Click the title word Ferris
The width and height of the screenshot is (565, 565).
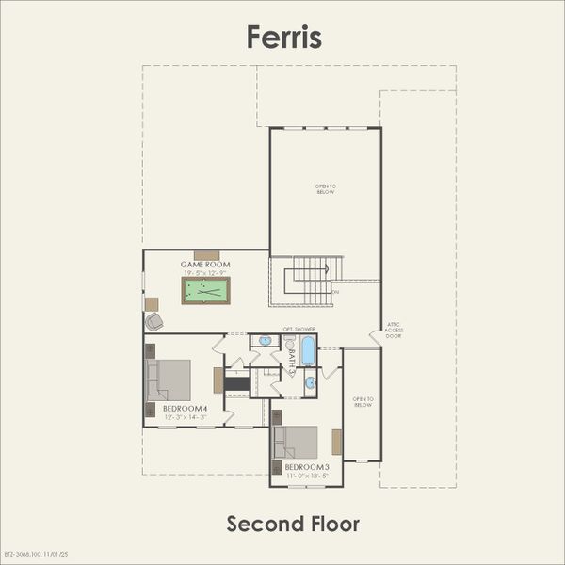click(x=283, y=37)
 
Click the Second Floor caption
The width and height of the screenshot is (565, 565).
click(x=293, y=523)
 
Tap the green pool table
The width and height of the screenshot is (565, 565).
click(x=206, y=290)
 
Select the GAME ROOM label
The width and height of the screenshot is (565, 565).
click(x=206, y=265)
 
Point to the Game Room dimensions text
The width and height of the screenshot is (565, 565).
click(x=206, y=272)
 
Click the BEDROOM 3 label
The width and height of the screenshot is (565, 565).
click(x=307, y=468)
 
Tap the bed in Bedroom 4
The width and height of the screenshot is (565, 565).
click(x=169, y=379)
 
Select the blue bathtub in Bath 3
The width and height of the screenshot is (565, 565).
click(x=308, y=352)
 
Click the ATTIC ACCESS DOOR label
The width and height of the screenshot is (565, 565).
click(x=393, y=330)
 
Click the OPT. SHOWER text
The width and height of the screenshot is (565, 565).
click(x=299, y=329)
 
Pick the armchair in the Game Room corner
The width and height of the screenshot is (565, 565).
click(x=154, y=321)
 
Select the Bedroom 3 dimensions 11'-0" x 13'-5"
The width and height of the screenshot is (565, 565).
click(x=307, y=476)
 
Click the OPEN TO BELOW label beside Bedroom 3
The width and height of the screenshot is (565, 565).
click(x=363, y=401)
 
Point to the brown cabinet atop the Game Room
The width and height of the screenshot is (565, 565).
click(x=207, y=254)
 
